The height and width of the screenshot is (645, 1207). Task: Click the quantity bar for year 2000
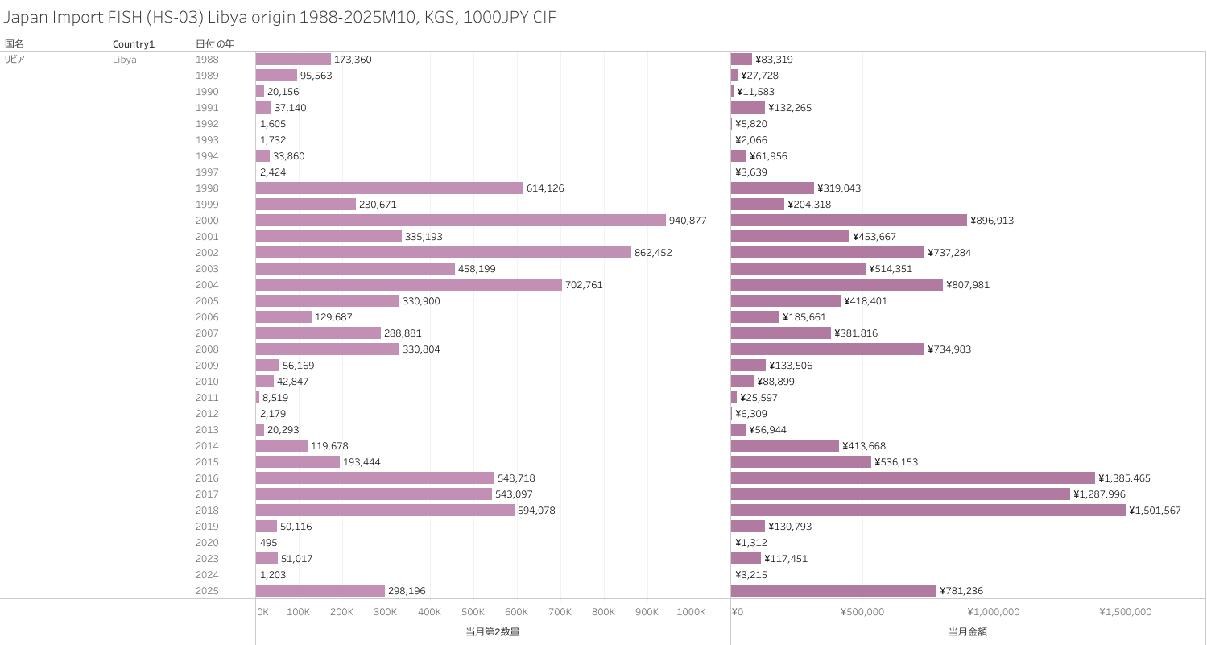point(461,221)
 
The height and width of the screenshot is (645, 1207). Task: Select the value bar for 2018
point(928,511)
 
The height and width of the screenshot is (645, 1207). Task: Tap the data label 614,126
point(547,188)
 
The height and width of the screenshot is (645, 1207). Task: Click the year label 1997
point(207,172)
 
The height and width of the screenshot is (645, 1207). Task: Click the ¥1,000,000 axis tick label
point(993,612)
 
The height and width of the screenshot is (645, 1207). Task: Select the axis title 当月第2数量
point(492,632)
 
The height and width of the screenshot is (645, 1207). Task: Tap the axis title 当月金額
point(967,632)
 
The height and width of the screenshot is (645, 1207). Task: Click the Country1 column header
point(133,43)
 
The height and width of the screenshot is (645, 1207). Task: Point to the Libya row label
point(124,60)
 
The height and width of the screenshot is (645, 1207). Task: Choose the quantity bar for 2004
point(409,285)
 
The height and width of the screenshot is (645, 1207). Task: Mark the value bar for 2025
point(833,591)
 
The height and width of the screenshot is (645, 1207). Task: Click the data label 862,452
point(653,253)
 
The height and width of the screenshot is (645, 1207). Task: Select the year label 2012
point(207,414)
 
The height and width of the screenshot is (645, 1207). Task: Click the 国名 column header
point(14,43)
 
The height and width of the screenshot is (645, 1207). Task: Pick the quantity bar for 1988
point(293,60)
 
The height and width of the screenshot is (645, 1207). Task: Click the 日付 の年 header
point(215,43)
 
